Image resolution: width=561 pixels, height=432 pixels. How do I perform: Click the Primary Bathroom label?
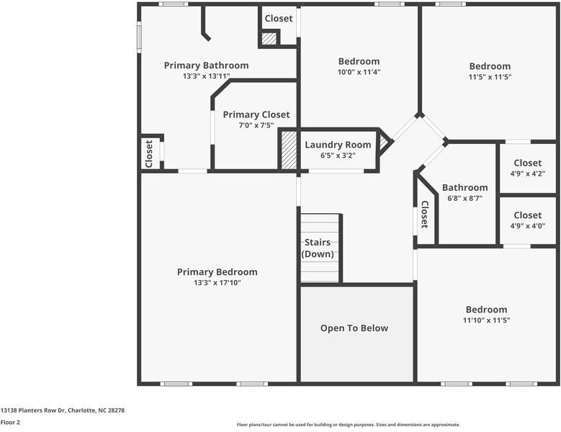tap(206, 66)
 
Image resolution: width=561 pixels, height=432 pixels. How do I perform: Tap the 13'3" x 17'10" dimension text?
tap(217, 283)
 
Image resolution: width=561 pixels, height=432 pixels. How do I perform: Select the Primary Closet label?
tap(256, 114)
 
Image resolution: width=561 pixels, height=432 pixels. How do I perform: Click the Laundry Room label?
tap(338, 145)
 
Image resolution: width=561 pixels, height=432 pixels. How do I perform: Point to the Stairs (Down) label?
tap(317, 248)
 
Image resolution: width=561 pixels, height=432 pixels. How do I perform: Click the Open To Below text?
tap(354, 328)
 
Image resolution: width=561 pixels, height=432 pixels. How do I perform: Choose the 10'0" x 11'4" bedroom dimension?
tap(359, 72)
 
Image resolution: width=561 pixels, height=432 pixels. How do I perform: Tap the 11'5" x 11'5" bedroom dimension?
tap(490, 77)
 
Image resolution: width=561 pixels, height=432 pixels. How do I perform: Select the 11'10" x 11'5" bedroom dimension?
tap(486, 320)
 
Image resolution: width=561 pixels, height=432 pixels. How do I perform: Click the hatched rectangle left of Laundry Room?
tap(289, 150)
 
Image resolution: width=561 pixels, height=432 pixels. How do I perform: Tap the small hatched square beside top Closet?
tap(269, 39)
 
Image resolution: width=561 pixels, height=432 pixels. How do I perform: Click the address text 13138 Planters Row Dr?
tap(63, 410)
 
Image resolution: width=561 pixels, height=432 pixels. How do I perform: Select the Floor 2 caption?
tap(10, 422)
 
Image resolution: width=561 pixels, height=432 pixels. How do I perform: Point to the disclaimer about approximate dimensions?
tap(348, 425)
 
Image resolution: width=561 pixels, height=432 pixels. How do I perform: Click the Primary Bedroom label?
tap(217, 272)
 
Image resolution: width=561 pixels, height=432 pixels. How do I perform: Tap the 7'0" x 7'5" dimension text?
tap(256, 125)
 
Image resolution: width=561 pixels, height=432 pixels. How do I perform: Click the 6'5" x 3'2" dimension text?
tap(338, 156)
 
